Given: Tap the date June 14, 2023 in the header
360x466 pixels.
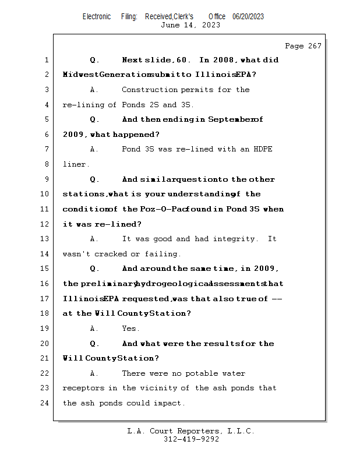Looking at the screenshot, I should pyautogui.click(x=190, y=25).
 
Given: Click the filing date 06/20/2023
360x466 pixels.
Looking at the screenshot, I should pyautogui.click(x=248, y=16).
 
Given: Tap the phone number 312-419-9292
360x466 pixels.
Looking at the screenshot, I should pyautogui.click(x=191, y=439).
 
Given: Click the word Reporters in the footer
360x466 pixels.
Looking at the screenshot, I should pyautogui.click(x=198, y=431).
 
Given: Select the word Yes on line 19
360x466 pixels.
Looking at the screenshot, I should pyautogui.click(x=130, y=328).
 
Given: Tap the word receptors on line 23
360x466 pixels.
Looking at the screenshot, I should pyautogui.click(x=84, y=388).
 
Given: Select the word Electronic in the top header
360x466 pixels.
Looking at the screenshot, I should pyautogui.click(x=97, y=16).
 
